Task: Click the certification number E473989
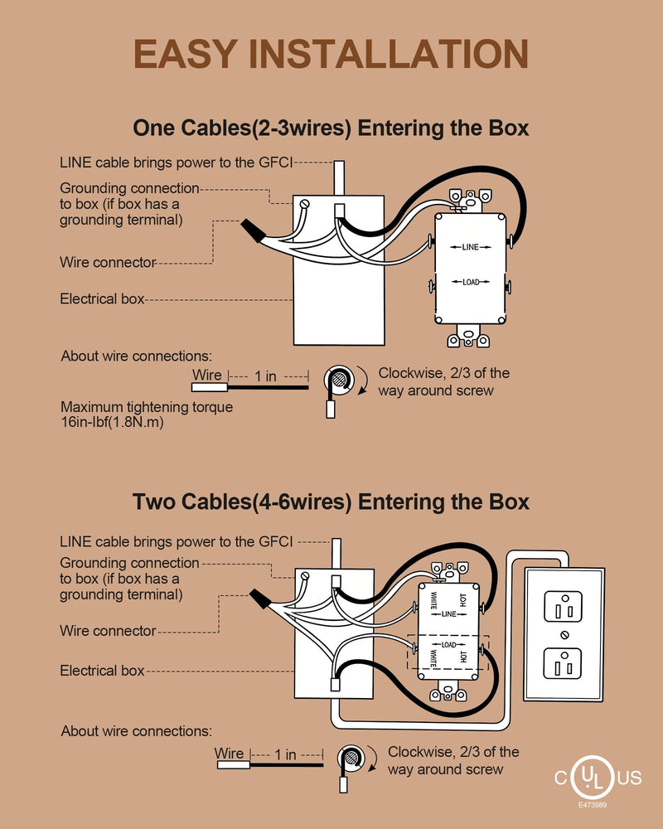tap(593, 805)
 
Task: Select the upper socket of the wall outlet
tap(563, 607)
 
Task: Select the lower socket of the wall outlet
tap(563, 663)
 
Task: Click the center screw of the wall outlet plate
tap(564, 635)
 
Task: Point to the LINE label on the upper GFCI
tap(470, 247)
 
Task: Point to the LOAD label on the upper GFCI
tap(471, 282)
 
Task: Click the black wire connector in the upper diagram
tap(252, 230)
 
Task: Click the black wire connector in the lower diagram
tap(260, 599)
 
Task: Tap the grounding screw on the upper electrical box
tap(304, 204)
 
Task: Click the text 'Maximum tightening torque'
tap(147, 407)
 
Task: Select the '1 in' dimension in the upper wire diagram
tap(265, 376)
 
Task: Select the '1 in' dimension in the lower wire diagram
tap(285, 754)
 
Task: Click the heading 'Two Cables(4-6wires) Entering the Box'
tap(331, 502)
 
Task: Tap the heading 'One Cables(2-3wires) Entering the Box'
tap(331, 128)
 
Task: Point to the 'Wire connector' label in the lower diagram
tap(108, 631)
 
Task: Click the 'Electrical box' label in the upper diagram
tap(102, 298)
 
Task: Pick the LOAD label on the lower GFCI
tap(448, 645)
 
